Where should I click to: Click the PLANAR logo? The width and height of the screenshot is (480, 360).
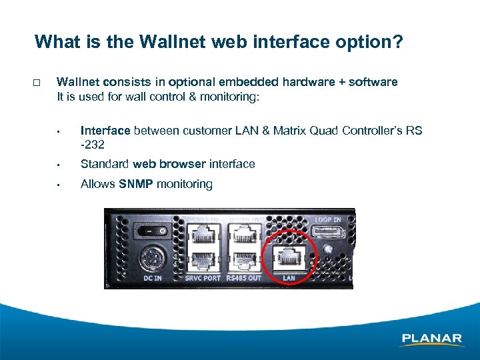coord(431,339)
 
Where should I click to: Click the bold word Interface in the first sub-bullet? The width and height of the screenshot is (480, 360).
coord(105,131)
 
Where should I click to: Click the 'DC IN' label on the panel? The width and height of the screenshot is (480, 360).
coord(152,278)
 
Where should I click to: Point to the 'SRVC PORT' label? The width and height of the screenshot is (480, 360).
coord(203,278)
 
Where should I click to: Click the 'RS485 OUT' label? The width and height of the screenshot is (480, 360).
coord(244,278)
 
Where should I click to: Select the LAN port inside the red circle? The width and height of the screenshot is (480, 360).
coord(289,256)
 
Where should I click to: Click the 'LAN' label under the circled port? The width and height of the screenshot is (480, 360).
coord(289,278)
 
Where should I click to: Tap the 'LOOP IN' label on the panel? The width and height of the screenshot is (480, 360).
coord(328,219)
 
